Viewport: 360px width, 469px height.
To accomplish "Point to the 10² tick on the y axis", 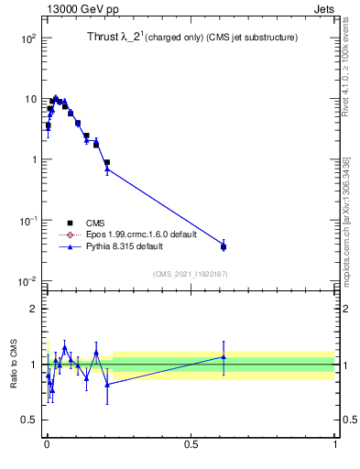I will pos(27,38).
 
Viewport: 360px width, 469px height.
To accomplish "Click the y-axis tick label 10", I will pos(29,99).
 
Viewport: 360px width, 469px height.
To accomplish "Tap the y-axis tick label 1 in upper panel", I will pos(32,159).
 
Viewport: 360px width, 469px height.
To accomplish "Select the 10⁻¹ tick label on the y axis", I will pos(27,220).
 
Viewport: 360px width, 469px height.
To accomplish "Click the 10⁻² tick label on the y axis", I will pos(27,280).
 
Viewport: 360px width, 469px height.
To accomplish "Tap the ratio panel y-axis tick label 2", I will pos(33,309).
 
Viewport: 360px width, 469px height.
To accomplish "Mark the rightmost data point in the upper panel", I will pos(224,246).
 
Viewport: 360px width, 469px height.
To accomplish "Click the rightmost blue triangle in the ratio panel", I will pos(224,357).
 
